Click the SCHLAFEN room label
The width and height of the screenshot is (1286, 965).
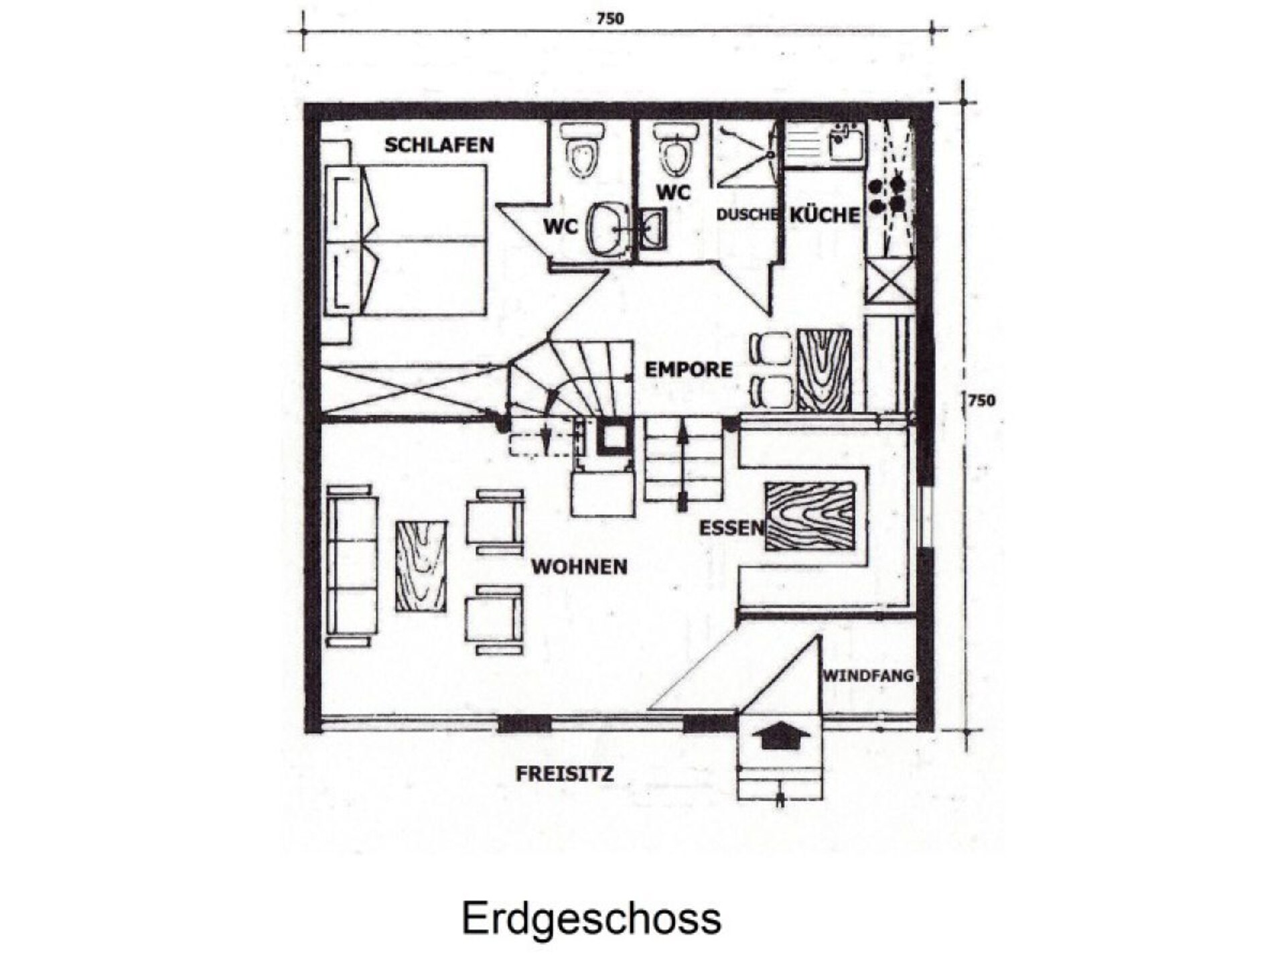tap(439, 145)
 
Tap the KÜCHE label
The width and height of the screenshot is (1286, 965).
tap(825, 214)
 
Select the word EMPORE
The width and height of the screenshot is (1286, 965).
tap(689, 369)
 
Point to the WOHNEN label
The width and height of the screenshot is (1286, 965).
tap(579, 567)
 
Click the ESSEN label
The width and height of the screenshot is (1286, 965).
tap(731, 528)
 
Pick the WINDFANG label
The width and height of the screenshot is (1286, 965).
tap(868, 675)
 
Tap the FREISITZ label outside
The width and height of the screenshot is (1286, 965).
tap(565, 774)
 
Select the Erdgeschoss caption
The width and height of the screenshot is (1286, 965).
tap(591, 917)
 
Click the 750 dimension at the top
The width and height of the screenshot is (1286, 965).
tap(610, 19)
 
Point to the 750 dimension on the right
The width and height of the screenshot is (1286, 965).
tap(982, 401)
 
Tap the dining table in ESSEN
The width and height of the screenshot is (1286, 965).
tap(810, 516)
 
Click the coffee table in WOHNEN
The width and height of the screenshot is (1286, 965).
tap(421, 566)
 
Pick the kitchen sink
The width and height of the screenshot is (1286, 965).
tap(846, 142)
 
